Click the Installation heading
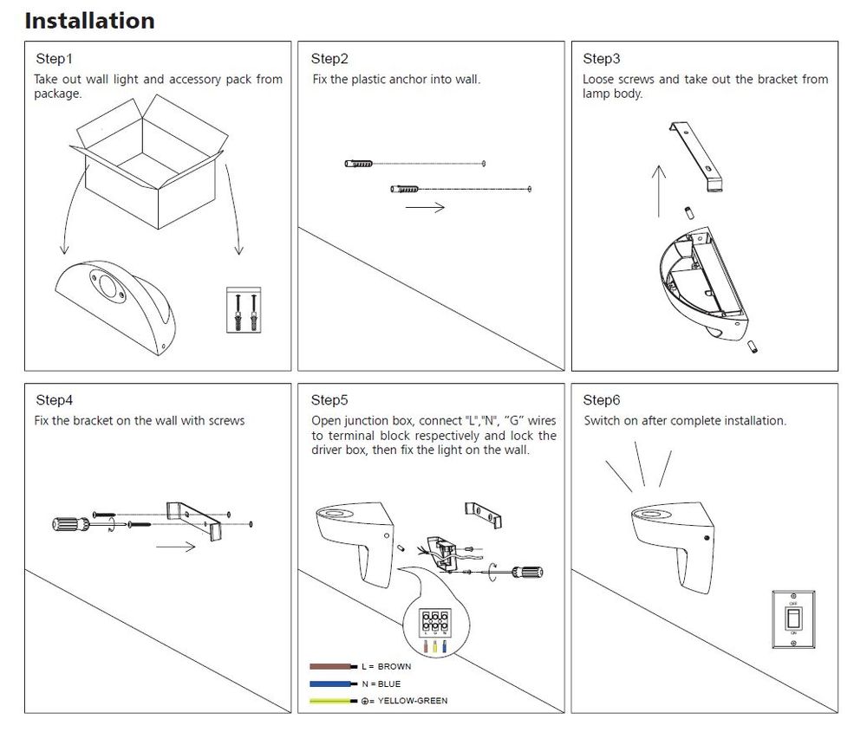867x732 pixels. pos(89,21)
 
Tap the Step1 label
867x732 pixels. pos(54,59)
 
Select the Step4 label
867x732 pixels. pos(54,400)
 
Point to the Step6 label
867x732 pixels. pos(602,400)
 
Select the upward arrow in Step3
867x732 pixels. pos(659,191)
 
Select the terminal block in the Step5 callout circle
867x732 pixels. pos(434,622)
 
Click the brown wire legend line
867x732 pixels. pos(332,667)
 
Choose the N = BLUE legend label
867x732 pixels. pos(381,684)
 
